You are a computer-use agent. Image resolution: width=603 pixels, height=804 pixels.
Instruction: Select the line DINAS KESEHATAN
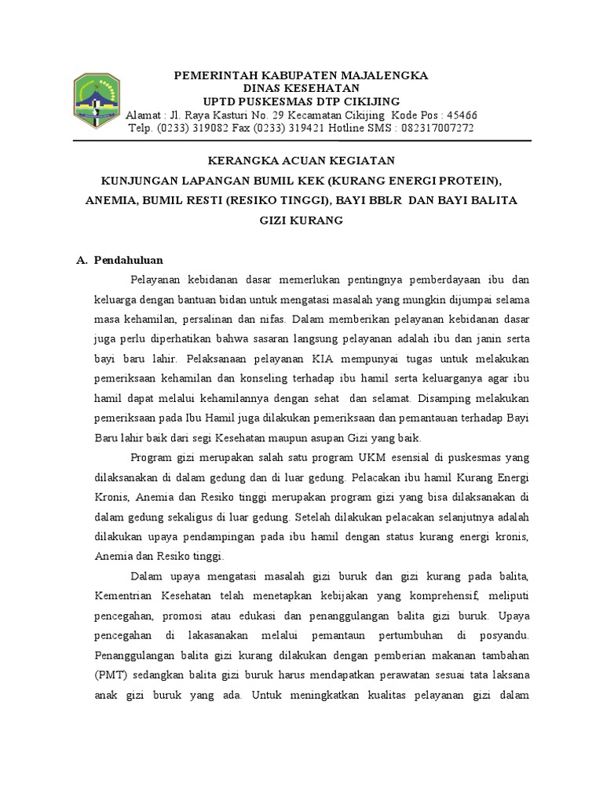pyautogui.click(x=301, y=89)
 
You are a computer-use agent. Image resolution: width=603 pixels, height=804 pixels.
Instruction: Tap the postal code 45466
pyautogui.click(x=461, y=115)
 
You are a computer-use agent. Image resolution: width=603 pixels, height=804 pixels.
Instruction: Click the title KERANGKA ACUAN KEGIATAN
pyautogui.click(x=301, y=161)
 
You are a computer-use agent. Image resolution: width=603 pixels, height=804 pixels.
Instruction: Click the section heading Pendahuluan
pyautogui.click(x=128, y=260)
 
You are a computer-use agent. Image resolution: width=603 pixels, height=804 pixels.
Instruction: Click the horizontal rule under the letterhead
pyautogui.click(x=301, y=141)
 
